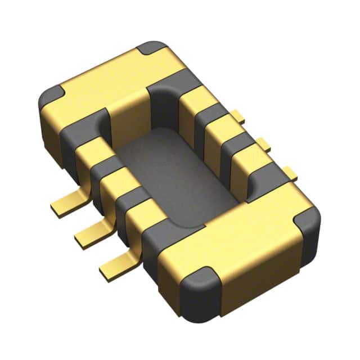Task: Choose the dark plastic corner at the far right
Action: coord(308,217)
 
